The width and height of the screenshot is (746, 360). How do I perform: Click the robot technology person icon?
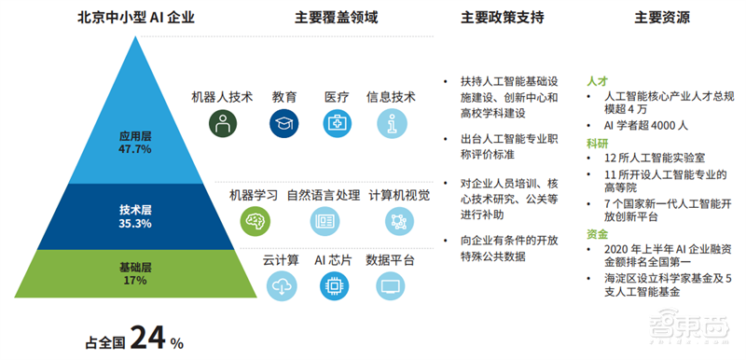tap(222, 122)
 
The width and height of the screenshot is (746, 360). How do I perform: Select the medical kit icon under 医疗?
tap(337, 122)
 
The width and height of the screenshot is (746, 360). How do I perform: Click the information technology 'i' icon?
tap(392, 122)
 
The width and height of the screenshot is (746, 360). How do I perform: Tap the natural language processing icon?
tap(324, 220)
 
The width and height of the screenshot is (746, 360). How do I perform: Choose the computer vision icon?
tap(398, 220)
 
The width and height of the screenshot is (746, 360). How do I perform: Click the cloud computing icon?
tap(280, 286)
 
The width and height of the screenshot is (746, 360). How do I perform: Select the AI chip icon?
tap(332, 286)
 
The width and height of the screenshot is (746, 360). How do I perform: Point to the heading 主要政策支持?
tap(503, 18)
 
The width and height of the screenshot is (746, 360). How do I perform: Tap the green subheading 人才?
tap(598, 80)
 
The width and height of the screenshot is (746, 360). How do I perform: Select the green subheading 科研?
tap(598, 144)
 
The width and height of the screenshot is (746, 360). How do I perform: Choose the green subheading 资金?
tap(598, 233)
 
